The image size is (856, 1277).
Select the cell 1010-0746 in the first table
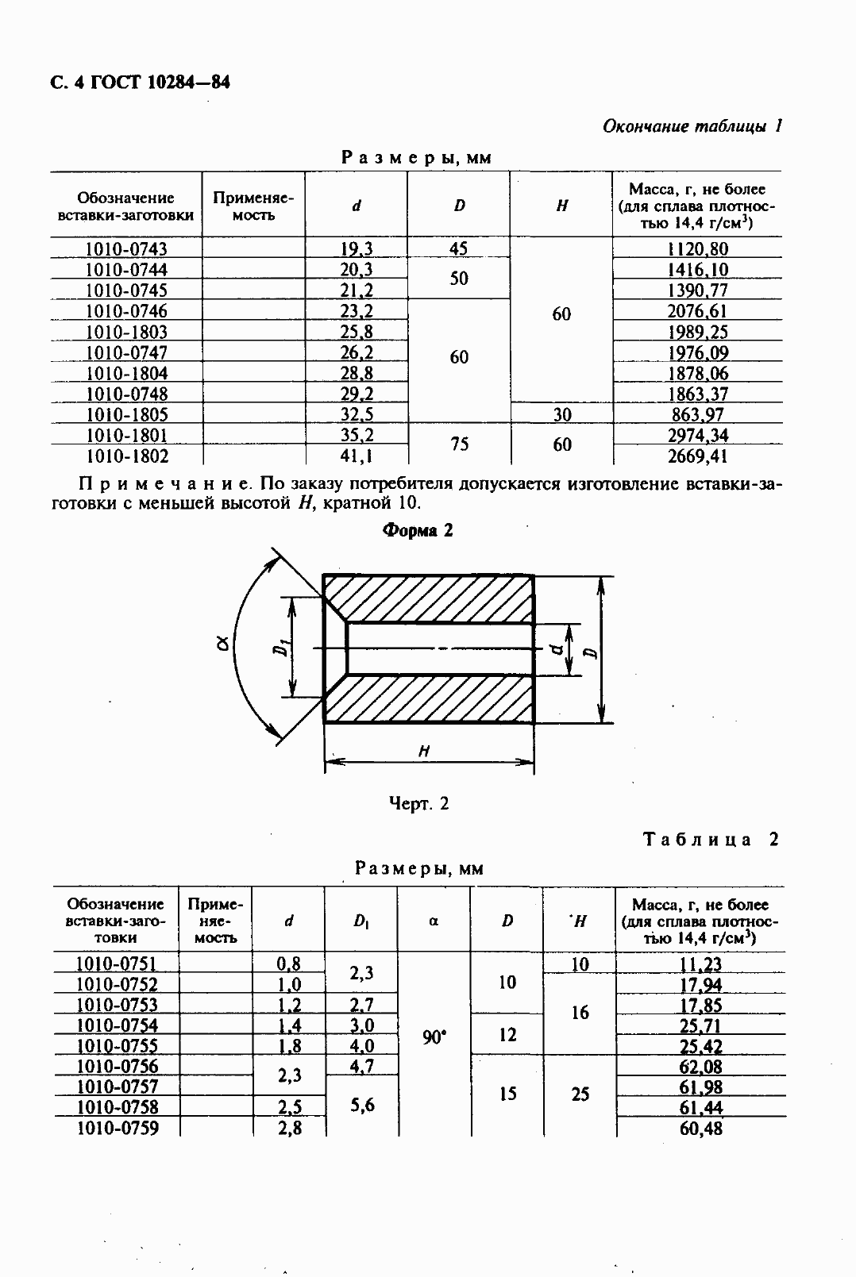point(126,311)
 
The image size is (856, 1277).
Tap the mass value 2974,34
point(697,435)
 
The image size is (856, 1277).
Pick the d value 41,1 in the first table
point(357,456)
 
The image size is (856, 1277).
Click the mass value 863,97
point(697,414)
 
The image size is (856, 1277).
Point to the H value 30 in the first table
point(561,414)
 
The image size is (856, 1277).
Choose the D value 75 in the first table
point(459,444)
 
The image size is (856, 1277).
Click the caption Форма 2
point(418,531)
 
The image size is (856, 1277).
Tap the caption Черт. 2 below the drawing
point(418,803)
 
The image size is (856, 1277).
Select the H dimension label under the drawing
point(425,750)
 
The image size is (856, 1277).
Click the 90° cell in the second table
point(434,1037)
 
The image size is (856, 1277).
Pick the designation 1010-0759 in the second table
point(116,1127)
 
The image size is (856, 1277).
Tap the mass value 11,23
point(700,964)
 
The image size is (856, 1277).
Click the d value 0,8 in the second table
point(288,964)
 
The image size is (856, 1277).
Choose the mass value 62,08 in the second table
point(700,1067)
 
